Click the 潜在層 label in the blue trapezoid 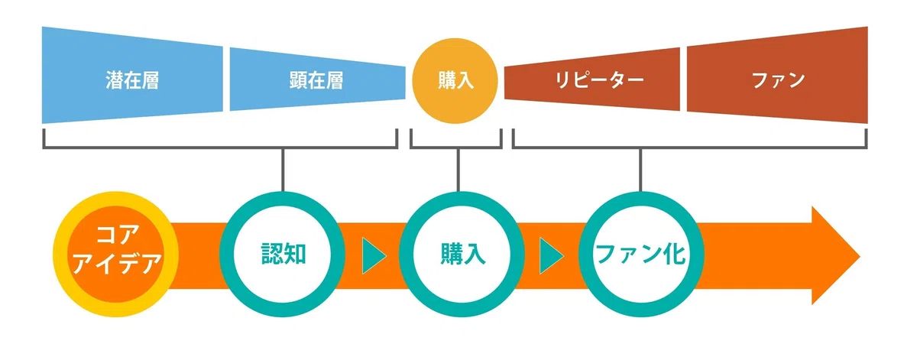point(132,80)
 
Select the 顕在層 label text point(316,80)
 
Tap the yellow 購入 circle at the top point(455,81)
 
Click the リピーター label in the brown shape point(599,80)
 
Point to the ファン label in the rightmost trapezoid point(778,80)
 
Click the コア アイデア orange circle point(116,255)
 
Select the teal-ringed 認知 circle point(282,255)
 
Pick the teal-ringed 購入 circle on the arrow point(462,255)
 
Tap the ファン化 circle point(641,255)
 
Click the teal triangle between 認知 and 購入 point(373,256)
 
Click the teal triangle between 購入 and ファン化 point(549,256)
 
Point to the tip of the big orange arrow point(860,256)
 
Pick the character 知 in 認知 point(295,255)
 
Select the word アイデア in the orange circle point(117,264)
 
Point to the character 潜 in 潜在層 point(114,80)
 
